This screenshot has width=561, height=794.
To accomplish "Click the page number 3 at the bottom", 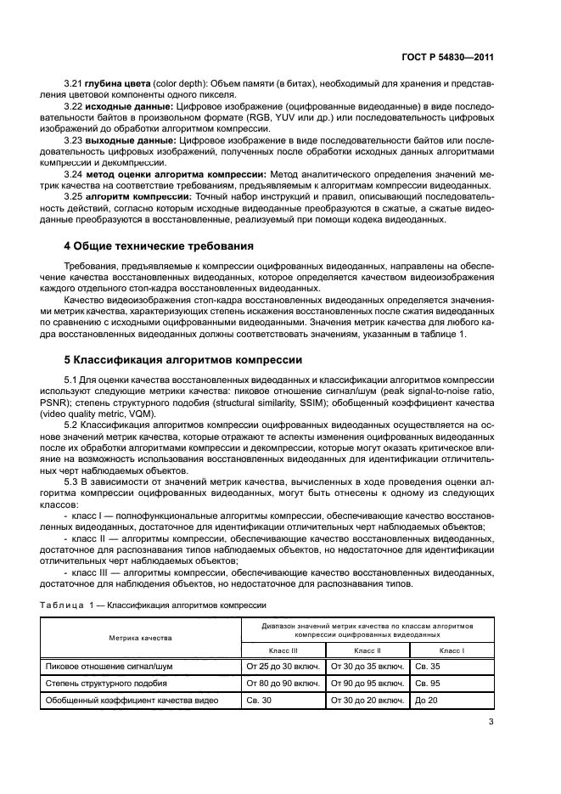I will (491, 723).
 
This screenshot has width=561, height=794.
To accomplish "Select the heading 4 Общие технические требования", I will (159, 246).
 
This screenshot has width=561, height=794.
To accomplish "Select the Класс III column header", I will (282, 650).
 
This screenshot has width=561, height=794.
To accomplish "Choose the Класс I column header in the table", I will (451, 650).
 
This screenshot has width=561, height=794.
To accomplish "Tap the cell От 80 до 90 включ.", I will (283, 683).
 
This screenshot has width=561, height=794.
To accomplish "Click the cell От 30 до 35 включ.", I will (367, 667).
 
